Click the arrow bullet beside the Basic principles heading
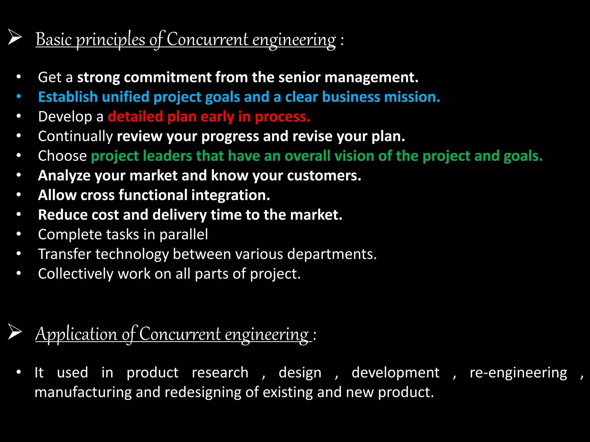click(15, 37)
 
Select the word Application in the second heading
click(76, 334)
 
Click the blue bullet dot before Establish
click(19, 97)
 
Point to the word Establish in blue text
click(68, 97)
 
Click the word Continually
click(75, 136)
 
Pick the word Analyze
click(64, 176)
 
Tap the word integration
click(230, 195)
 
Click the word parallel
click(184, 235)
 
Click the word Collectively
click(75, 274)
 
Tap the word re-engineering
click(518, 373)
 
